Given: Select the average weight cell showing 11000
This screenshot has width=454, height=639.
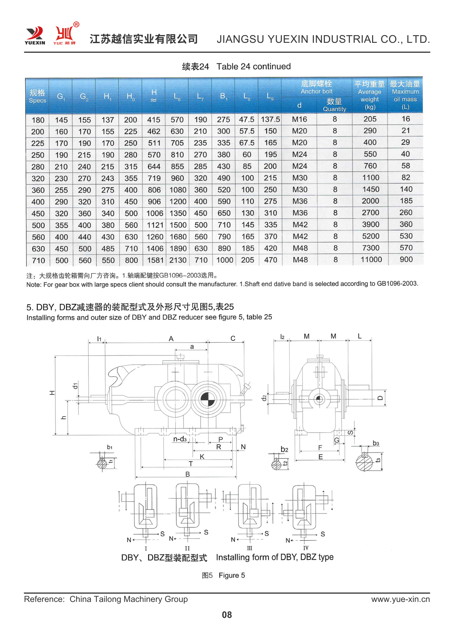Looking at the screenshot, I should click(x=371, y=259).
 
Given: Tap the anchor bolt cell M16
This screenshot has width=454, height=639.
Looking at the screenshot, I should click(x=299, y=119).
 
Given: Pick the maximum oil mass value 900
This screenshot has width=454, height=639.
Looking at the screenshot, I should click(x=406, y=259).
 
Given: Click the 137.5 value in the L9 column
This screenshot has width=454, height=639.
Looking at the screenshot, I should click(x=270, y=119).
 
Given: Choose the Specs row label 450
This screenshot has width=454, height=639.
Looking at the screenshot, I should click(x=38, y=213).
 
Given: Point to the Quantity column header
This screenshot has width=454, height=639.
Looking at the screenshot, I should click(x=334, y=105).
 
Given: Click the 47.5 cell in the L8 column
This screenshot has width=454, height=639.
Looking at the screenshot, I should click(x=247, y=119).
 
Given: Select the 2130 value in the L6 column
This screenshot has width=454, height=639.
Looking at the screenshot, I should click(x=178, y=260).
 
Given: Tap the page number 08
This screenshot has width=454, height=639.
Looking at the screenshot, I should click(x=227, y=615).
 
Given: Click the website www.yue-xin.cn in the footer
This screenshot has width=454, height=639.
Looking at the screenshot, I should click(x=400, y=599).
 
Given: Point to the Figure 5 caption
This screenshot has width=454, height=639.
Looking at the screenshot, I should click(x=223, y=575).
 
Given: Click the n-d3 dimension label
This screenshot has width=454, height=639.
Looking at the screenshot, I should click(x=180, y=439).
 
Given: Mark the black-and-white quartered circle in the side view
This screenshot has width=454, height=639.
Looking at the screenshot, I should click(x=208, y=399).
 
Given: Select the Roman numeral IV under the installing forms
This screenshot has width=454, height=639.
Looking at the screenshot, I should click(x=306, y=548).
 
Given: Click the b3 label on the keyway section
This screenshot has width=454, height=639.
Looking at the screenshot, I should click(x=376, y=443).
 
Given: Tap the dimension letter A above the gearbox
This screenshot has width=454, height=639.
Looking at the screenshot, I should click(x=171, y=339).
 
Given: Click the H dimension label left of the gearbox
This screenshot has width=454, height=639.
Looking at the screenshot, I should click(x=52, y=393).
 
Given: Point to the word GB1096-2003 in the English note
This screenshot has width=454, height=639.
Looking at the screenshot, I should click(x=397, y=283).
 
